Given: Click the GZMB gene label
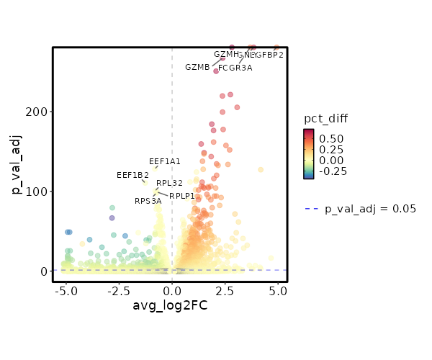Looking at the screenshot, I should point(197,68).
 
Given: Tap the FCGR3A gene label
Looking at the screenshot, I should point(235,68).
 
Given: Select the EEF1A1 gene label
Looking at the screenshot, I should point(165,161).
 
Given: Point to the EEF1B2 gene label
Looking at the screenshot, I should point(132,175).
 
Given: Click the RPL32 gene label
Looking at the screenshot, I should point(169,184).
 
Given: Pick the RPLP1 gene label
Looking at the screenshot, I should point(182,196).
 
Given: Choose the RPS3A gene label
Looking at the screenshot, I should point(148,202).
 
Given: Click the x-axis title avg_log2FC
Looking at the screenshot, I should point(171,306).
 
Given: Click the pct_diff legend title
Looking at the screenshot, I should point(325,118).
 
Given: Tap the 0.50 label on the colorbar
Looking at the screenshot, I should point(331,138).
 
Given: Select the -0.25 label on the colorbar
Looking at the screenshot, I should point(333,171).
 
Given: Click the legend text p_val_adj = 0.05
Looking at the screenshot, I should point(371,210).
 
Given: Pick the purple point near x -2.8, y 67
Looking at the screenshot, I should point(112,217).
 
